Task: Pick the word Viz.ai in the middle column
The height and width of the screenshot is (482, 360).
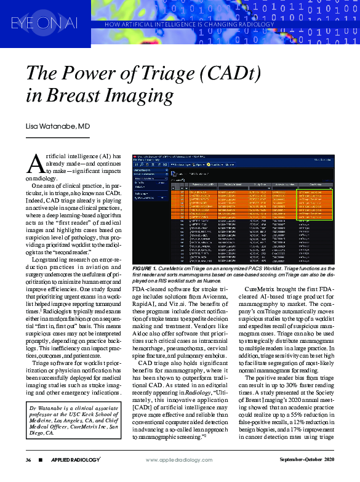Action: click(x=204, y=303)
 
